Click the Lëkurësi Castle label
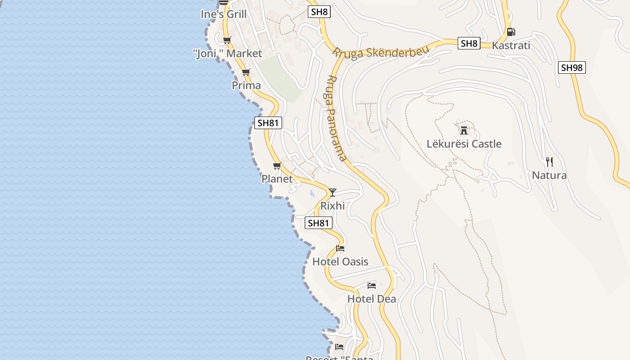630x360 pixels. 463,144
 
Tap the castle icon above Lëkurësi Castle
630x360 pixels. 463,131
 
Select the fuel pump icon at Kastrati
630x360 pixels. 511,32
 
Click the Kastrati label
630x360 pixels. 511,45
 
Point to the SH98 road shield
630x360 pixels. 572,68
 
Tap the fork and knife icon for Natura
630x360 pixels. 549,162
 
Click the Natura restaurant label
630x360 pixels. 549,175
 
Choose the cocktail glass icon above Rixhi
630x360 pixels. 333,193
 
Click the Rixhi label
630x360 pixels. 333,206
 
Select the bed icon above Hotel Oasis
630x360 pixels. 340,248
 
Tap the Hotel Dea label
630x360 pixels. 372,299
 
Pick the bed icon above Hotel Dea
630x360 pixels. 371,286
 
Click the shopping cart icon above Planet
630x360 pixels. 277,166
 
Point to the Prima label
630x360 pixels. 246,85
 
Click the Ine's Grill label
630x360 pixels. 224,14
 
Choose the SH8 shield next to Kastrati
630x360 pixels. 469,44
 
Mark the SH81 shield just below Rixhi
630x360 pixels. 319,223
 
